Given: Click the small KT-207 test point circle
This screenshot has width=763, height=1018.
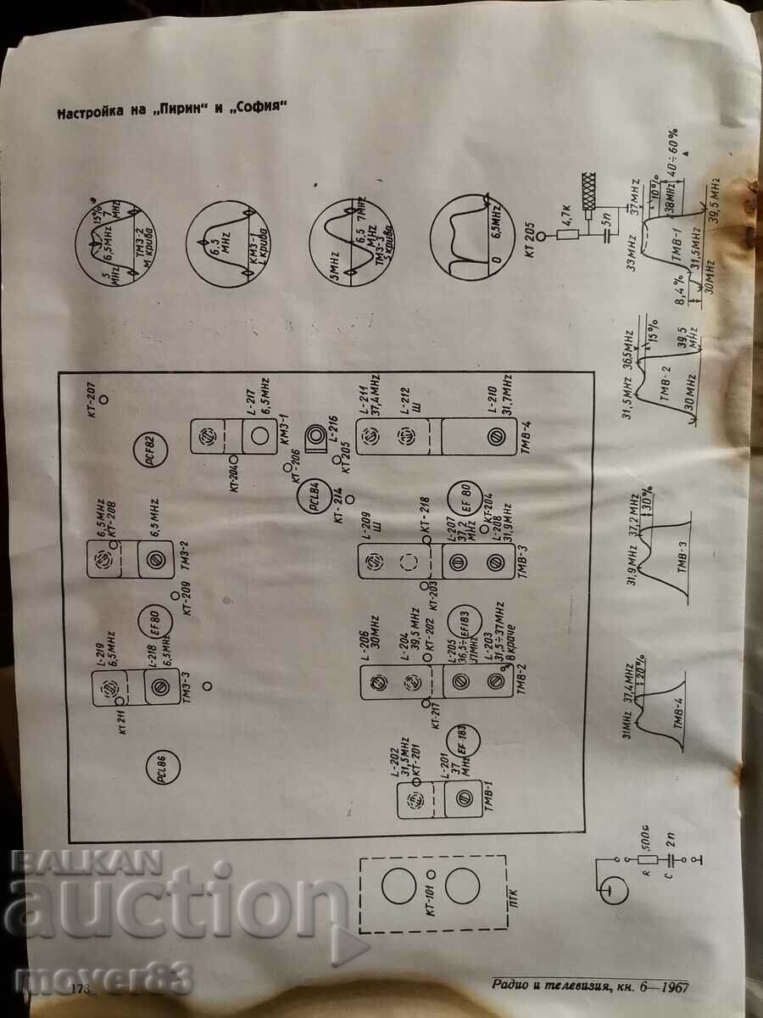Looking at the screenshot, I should tap(103, 397).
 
